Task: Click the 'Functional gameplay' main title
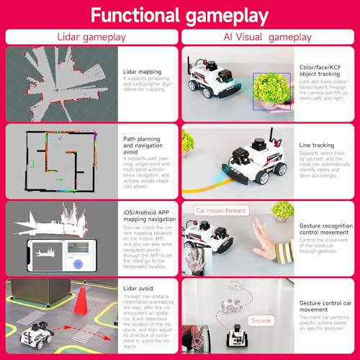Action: point(180,16)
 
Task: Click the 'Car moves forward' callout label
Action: point(220,210)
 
